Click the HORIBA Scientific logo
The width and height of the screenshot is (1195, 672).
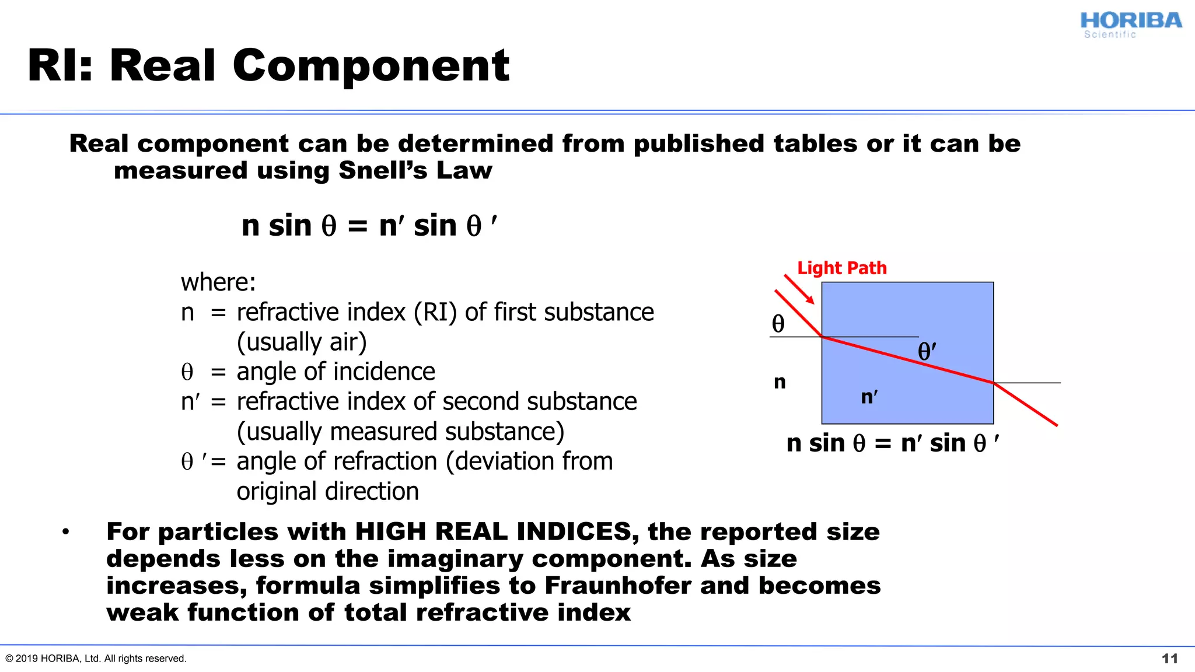[x=1130, y=24]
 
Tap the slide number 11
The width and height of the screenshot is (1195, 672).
[x=1169, y=659]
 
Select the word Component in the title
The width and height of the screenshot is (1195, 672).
[x=371, y=65]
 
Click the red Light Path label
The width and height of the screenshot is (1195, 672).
[x=841, y=268]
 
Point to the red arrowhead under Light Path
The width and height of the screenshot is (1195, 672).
[x=809, y=299]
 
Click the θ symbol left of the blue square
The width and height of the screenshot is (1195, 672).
[x=778, y=324]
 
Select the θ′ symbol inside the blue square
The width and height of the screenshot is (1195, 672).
[x=927, y=351]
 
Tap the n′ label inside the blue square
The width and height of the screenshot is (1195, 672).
[x=869, y=397]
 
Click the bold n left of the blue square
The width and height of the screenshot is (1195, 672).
[x=780, y=383]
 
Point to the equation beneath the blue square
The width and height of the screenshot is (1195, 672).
[x=892, y=443]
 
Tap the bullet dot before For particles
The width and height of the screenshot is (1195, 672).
[x=66, y=531]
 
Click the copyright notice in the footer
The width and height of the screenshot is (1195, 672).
[x=96, y=659]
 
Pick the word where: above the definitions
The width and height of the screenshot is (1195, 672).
[x=218, y=282]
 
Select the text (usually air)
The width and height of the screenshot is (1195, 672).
[x=302, y=342]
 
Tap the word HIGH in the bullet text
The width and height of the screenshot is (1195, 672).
[x=390, y=532]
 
